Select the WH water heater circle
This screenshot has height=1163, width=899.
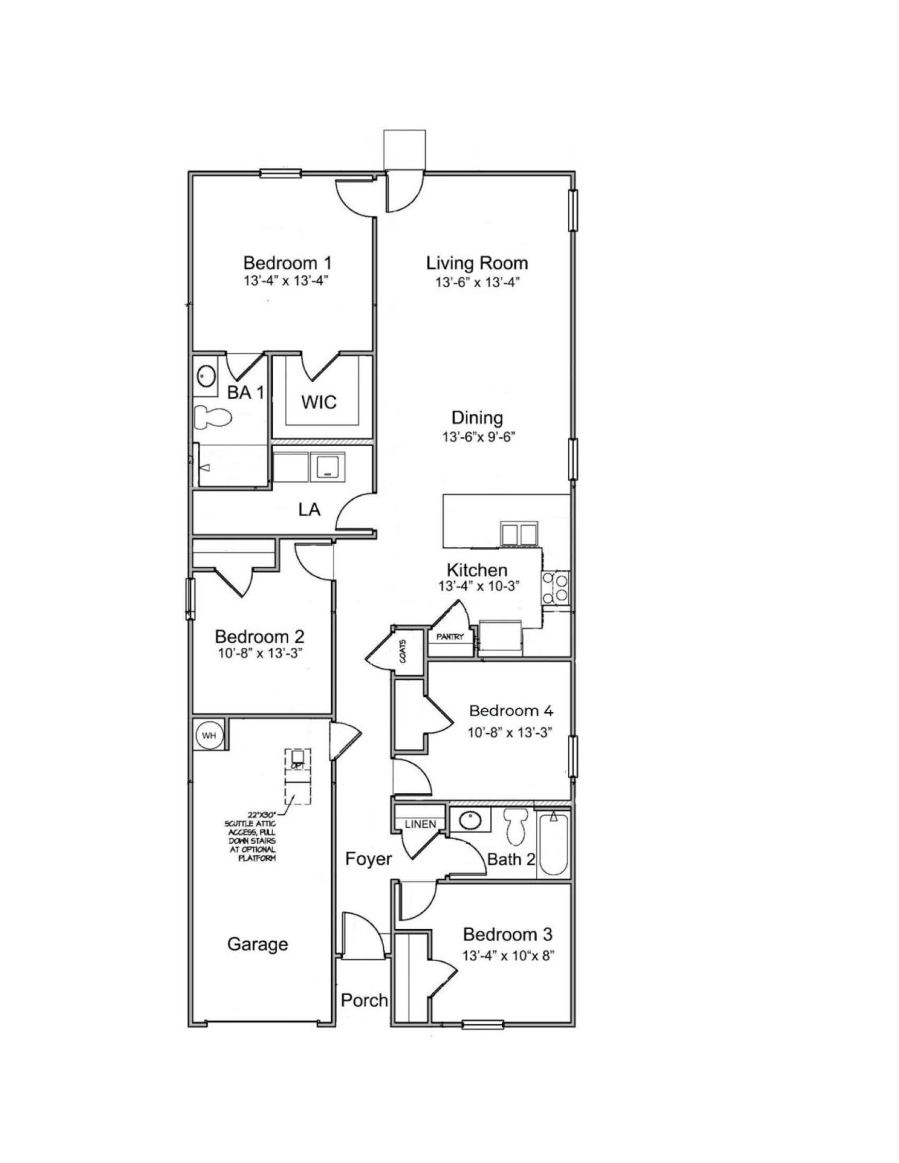209,736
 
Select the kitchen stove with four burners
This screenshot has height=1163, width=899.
556,587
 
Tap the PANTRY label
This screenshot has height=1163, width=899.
450,637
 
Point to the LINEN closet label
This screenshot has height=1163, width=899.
420,824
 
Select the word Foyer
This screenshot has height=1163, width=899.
368,859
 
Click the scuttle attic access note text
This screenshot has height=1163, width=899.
250,836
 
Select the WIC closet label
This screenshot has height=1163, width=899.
319,402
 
